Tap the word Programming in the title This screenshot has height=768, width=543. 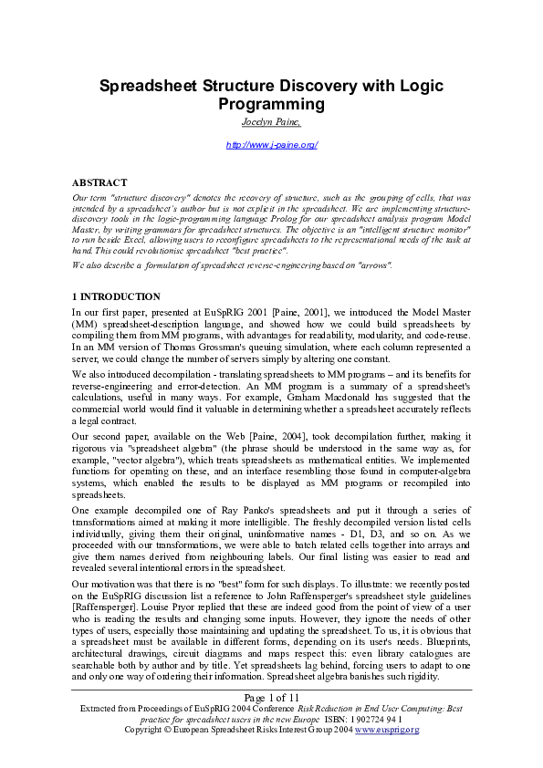click(271, 105)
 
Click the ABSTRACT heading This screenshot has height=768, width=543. click(99, 182)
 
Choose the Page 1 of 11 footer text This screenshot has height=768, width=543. click(271, 698)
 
